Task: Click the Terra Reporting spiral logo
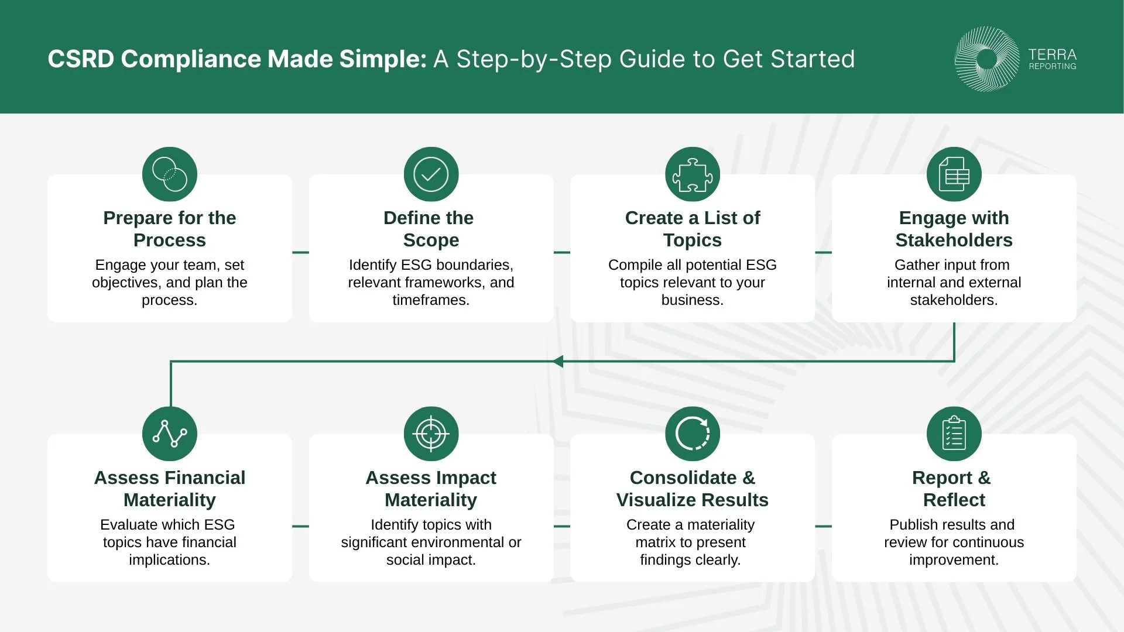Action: pyautogui.click(x=986, y=59)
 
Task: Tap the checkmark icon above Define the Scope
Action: pyautogui.click(x=431, y=174)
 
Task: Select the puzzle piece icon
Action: pyautogui.click(x=693, y=174)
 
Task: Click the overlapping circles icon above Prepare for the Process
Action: pyautogui.click(x=170, y=174)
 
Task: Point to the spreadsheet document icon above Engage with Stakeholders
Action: pyautogui.click(x=954, y=174)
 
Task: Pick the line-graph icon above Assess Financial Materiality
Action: pyautogui.click(x=170, y=434)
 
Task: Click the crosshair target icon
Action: pyautogui.click(x=431, y=434)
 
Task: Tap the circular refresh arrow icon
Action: pyautogui.click(x=693, y=434)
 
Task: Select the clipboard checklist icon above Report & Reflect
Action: pyautogui.click(x=954, y=434)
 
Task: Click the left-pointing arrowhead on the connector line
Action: pyautogui.click(x=558, y=362)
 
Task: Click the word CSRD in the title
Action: pyautogui.click(x=81, y=59)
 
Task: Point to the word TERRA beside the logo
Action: pyautogui.click(x=1052, y=54)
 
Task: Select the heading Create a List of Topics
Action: pyautogui.click(x=693, y=229)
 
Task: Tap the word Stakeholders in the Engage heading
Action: pyautogui.click(x=954, y=240)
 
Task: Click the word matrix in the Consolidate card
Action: pyautogui.click(x=656, y=542)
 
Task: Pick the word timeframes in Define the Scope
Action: pyautogui.click(x=430, y=300)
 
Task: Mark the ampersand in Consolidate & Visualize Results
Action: pyautogui.click(x=749, y=478)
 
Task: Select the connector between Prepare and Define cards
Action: pyautogui.click(x=300, y=252)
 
